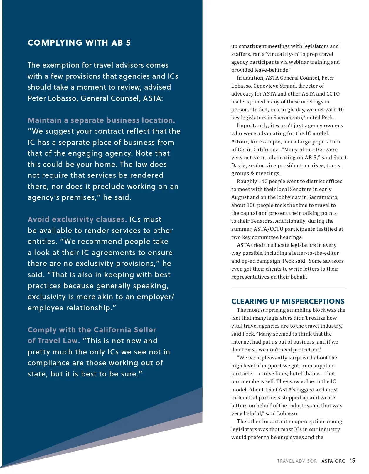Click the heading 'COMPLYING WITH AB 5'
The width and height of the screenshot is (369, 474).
(x=79, y=43)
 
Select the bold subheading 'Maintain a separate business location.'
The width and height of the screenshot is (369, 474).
(x=101, y=120)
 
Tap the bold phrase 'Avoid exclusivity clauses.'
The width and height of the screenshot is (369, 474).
(x=77, y=220)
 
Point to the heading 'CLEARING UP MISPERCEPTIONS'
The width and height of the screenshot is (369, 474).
(x=288, y=301)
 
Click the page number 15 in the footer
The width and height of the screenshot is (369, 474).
(x=352, y=461)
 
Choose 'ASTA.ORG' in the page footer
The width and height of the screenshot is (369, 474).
(x=333, y=461)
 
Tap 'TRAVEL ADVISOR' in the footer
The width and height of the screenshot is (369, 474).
(x=297, y=461)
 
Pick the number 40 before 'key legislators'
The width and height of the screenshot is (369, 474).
(x=341, y=110)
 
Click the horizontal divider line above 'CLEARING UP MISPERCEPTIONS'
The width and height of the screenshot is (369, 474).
(x=289, y=289)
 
